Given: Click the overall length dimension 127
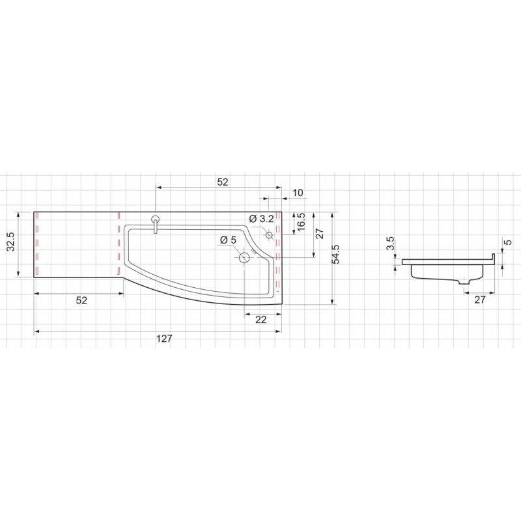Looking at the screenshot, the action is pyautogui.click(x=164, y=338).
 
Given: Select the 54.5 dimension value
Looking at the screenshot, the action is pyautogui.click(x=336, y=254).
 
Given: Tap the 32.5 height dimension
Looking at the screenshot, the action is pyautogui.click(x=11, y=241).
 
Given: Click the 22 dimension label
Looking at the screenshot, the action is pyautogui.click(x=261, y=319).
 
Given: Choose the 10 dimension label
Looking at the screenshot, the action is pyautogui.click(x=298, y=193).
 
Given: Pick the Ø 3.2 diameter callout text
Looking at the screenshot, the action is pyautogui.click(x=262, y=219).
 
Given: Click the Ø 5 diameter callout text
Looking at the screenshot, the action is pyautogui.click(x=228, y=240).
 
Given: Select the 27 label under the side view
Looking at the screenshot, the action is pyautogui.click(x=479, y=300).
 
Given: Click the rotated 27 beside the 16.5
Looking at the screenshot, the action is pyautogui.click(x=320, y=233).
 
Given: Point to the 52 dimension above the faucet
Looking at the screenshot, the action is pyautogui.click(x=223, y=182).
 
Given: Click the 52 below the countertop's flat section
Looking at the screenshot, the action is pyautogui.click(x=81, y=300).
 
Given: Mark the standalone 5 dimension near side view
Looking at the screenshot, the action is pyautogui.click(x=508, y=242).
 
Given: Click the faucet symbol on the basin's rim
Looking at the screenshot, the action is pyautogui.click(x=155, y=224).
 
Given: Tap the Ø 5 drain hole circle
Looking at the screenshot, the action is pyautogui.click(x=245, y=257).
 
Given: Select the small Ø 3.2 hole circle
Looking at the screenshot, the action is pyautogui.click(x=269, y=235).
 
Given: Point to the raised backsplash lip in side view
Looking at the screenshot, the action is pyautogui.click(x=493, y=259).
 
